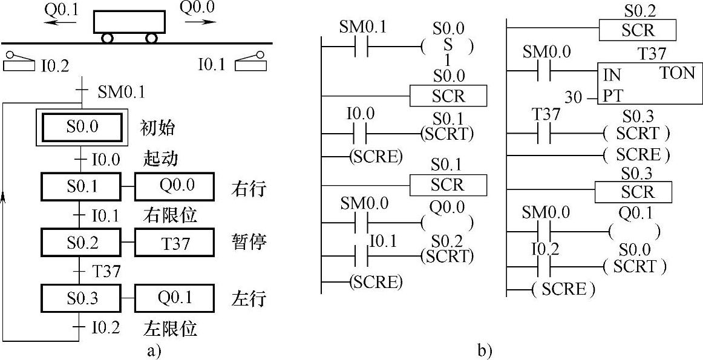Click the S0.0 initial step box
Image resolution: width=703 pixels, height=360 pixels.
click(82, 128)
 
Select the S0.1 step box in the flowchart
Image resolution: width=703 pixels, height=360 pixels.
click(82, 187)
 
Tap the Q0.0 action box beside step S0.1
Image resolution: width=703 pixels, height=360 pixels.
click(174, 187)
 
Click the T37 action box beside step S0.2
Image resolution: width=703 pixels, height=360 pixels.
click(174, 243)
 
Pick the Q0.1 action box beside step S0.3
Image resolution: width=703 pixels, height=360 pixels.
click(174, 299)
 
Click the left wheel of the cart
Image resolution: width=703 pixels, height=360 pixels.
click(108, 38)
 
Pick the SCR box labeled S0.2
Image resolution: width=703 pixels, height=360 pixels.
click(637, 30)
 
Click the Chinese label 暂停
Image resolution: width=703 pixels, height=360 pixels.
click(249, 243)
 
